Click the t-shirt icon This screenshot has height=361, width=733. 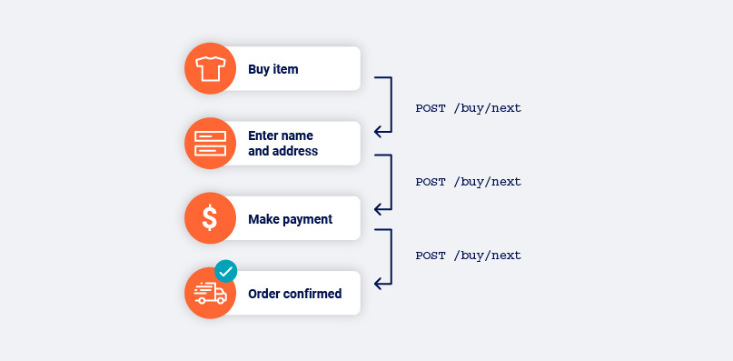click(x=211, y=69)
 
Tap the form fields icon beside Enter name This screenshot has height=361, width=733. click(x=211, y=144)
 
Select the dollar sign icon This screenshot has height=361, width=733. click(x=210, y=218)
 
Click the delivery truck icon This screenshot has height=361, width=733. click(x=211, y=294)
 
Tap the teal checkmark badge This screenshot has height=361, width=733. click(x=226, y=271)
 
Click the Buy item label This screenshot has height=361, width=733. click(x=273, y=69)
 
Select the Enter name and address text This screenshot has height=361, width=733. click(x=282, y=144)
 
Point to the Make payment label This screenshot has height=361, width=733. click(x=291, y=219)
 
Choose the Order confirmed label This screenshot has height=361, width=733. click(x=295, y=294)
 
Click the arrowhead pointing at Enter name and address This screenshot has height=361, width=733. click(x=378, y=132)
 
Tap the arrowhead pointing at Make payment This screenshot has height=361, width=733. click(x=378, y=209)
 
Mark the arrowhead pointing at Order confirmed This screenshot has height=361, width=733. click(x=378, y=284)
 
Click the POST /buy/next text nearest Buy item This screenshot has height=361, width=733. click(x=469, y=108)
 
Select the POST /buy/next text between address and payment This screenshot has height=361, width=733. click(x=469, y=182)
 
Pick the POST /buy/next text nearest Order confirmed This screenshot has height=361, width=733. click(x=469, y=256)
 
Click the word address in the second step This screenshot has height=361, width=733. click(x=292, y=151)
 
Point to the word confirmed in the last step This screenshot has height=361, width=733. click(x=312, y=294)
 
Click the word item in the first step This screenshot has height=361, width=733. click(x=285, y=69)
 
